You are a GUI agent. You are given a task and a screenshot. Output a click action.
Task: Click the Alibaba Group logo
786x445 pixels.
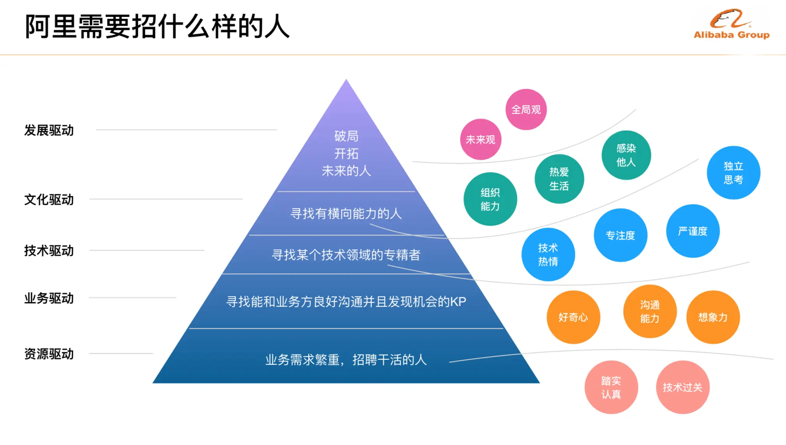coord(731,24)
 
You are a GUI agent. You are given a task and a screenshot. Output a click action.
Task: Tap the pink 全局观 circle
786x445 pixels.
coord(526,109)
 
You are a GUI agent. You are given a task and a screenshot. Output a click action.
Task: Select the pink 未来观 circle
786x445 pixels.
coord(480,140)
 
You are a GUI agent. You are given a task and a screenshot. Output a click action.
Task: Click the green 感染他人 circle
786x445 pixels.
coord(626,155)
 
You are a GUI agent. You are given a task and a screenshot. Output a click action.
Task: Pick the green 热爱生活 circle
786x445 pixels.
coord(559,179)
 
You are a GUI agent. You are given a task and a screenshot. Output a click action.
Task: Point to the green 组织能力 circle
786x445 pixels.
coord(490,199)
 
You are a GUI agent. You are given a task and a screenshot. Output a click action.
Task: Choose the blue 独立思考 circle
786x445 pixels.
coord(733,173)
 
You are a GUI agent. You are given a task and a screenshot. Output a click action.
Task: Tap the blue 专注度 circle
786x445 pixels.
coord(620,235)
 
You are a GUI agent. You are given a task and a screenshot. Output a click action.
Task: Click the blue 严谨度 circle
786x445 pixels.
coord(693,231)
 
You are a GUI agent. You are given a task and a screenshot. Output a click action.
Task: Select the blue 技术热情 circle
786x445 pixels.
coord(548,254)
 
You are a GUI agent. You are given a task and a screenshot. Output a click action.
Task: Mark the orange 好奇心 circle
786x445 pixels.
coord(573,317)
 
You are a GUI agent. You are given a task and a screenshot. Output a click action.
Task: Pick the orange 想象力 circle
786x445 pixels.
coord(713,317)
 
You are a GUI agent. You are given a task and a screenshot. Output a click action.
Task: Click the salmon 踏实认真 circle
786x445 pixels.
coord(611,387)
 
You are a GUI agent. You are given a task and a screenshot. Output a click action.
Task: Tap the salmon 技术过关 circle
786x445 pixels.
coord(682,387)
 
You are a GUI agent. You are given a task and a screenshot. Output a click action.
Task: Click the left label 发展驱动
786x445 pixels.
coord(49,130)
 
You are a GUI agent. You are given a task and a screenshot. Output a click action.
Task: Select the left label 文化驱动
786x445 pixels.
coord(49,200)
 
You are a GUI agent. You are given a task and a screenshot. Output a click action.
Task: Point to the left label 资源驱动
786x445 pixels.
coord(49,354)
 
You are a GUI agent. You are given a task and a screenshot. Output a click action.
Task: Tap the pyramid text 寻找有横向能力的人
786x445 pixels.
coord(346,214)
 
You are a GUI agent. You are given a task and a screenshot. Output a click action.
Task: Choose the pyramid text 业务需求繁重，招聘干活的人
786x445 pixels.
coord(346,360)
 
